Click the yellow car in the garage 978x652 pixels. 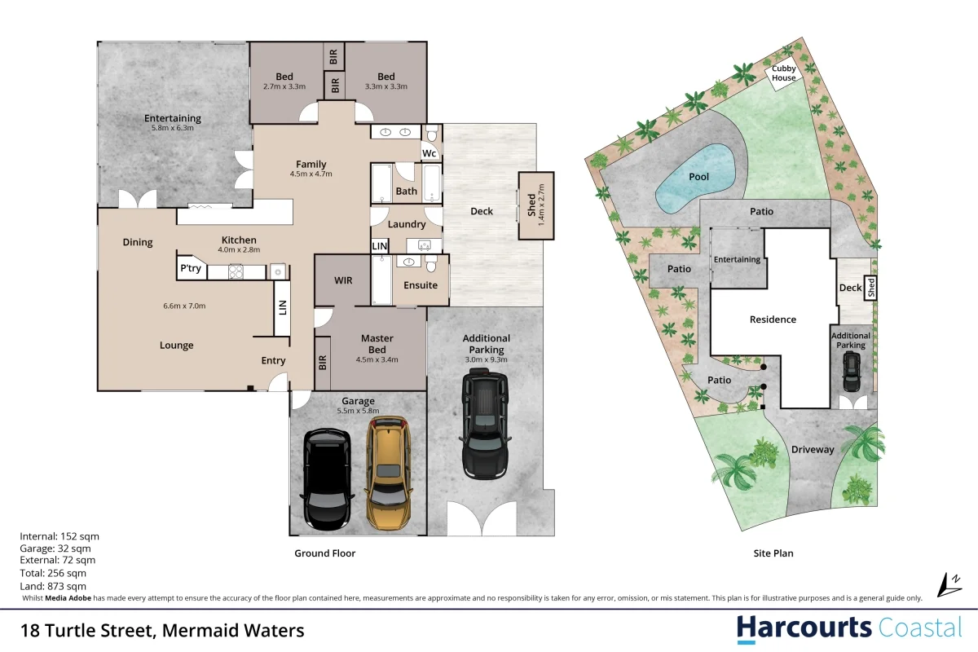(x=389, y=473)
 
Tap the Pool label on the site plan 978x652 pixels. (x=698, y=177)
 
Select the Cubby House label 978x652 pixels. (x=784, y=73)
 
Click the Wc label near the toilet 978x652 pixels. (x=429, y=153)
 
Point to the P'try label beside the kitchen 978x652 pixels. (x=191, y=267)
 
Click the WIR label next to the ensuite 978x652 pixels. (x=343, y=280)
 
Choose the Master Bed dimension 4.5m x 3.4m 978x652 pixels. (x=377, y=360)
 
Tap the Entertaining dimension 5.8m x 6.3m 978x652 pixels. (x=173, y=128)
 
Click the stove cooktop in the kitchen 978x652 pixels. (x=236, y=271)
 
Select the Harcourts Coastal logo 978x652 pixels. (x=849, y=629)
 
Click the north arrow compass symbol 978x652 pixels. (x=949, y=585)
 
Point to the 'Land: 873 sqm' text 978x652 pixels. (x=53, y=586)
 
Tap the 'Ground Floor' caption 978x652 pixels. (x=325, y=553)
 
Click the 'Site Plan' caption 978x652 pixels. (x=773, y=553)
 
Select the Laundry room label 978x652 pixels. (x=407, y=224)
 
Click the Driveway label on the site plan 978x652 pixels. (x=813, y=449)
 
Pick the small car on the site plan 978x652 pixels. (x=852, y=372)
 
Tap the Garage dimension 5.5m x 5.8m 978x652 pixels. (x=358, y=411)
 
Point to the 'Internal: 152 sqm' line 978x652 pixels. (x=59, y=536)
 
